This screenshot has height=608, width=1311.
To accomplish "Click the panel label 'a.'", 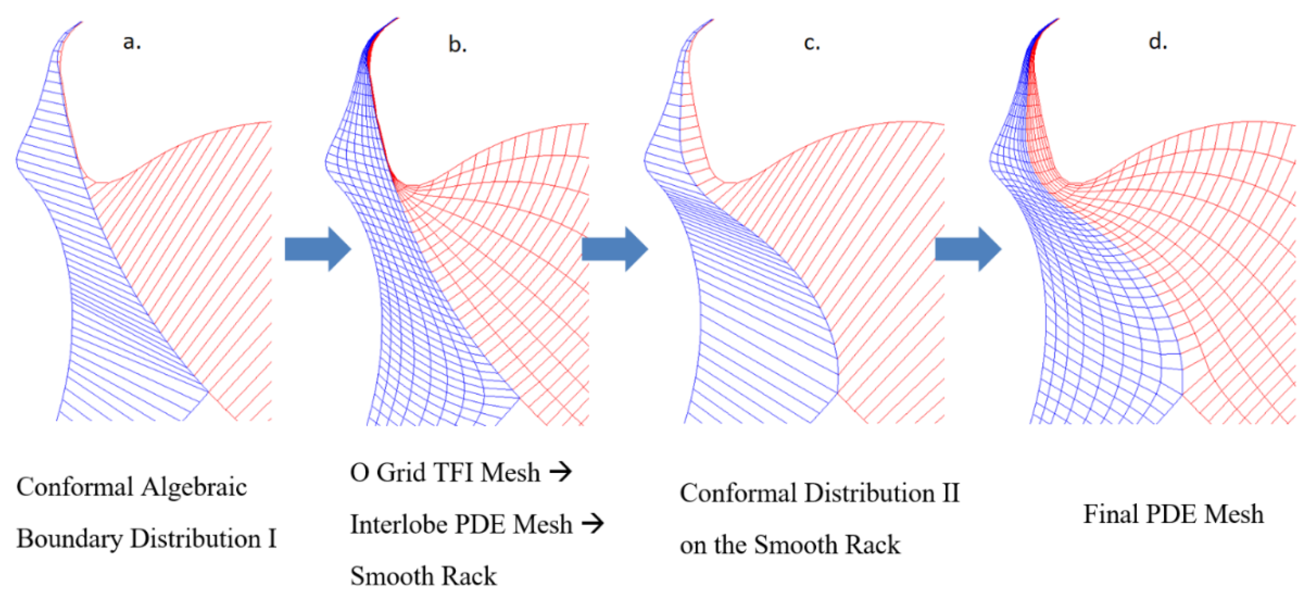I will coord(132,42).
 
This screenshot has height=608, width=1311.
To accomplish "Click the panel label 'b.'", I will coord(457,45).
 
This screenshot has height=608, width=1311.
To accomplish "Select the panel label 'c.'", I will coord(812,43).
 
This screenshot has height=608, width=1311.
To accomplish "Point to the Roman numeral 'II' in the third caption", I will coord(950,493).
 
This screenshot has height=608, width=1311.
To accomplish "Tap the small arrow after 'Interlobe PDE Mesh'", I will coord(593,523).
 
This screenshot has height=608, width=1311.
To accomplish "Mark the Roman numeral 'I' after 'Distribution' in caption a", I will coord(272,539).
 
